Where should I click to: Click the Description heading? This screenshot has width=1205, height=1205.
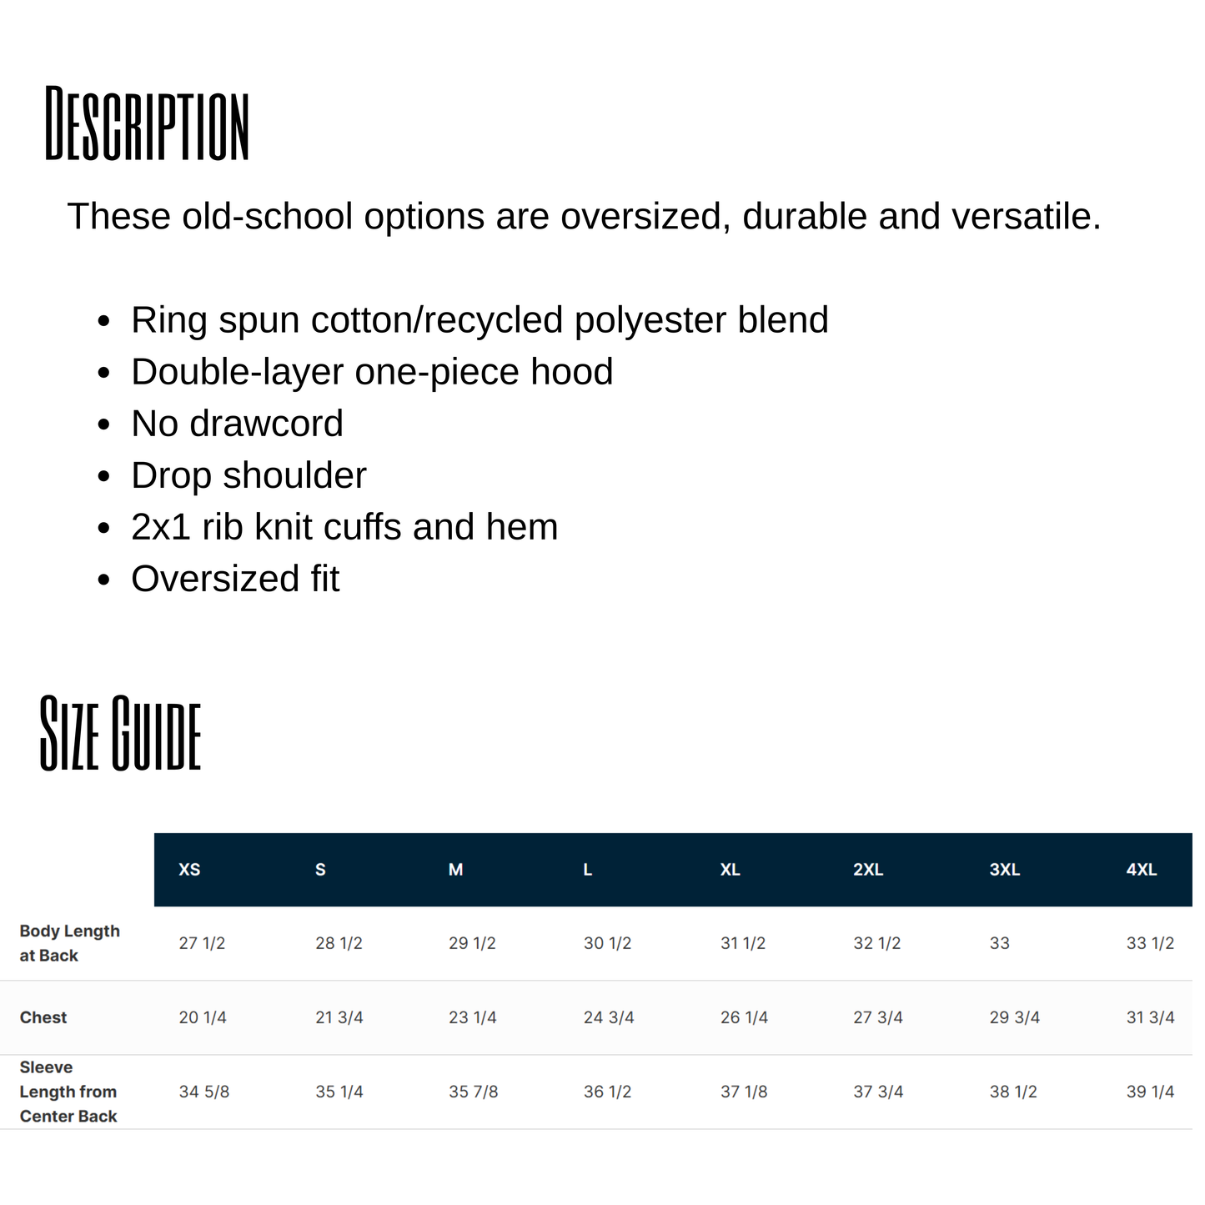(147, 123)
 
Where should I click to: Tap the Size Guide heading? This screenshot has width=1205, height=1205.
(121, 733)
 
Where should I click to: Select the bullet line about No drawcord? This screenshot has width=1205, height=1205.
(237, 424)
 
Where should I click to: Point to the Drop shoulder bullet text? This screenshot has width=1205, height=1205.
(249, 475)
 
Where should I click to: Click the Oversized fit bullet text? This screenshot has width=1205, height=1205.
(235, 579)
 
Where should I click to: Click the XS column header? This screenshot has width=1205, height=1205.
(189, 870)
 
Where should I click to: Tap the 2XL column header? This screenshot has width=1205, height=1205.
(868, 870)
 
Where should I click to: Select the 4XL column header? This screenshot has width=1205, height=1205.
(1141, 870)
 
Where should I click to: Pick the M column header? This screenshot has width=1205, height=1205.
(455, 870)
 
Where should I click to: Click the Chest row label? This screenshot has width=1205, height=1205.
(43, 1017)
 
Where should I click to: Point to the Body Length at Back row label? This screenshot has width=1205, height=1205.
(69, 943)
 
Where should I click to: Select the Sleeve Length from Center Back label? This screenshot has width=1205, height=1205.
(68, 1092)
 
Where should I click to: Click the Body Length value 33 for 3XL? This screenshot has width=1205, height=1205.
(999, 943)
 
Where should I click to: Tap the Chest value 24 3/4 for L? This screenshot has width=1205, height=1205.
(609, 1017)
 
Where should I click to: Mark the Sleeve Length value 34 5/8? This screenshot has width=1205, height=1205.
(204, 1092)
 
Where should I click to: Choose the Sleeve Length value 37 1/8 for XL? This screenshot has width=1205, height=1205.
(744, 1092)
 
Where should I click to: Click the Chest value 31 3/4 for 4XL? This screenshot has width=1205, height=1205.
(1150, 1017)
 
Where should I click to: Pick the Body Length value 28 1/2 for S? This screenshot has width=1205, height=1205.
(339, 943)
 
